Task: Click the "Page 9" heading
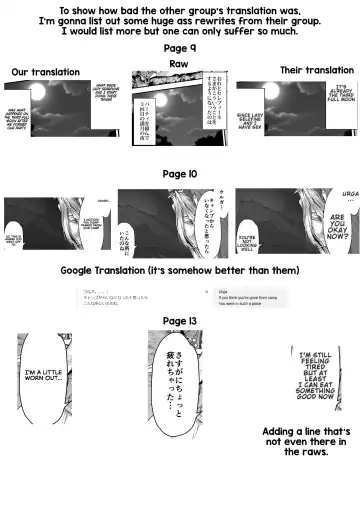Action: coord(180,48)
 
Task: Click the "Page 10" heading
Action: coord(180,173)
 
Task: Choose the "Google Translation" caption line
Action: coord(180,270)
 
